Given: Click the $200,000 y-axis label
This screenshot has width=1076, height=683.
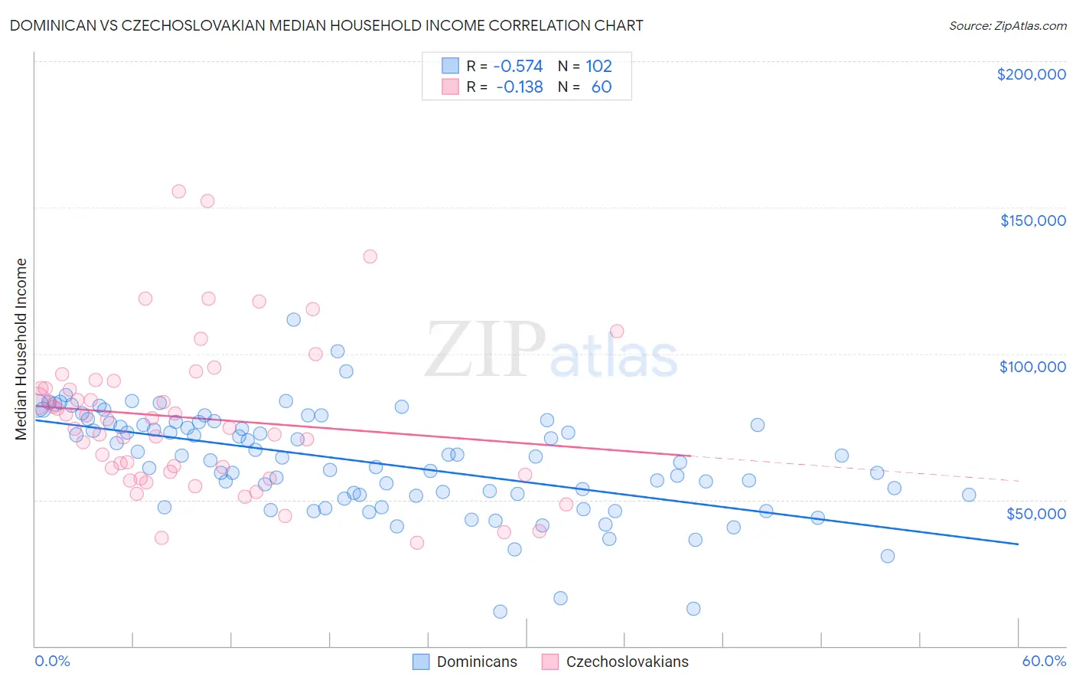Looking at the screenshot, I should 1031,74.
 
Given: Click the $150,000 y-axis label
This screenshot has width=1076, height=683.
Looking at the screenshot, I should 1032,221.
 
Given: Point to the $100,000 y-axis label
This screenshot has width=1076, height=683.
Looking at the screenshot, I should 1032,367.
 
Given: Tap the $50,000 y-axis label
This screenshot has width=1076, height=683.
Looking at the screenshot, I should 1035,513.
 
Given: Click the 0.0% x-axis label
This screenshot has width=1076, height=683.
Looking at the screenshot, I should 52,661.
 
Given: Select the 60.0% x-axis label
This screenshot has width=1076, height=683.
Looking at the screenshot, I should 1043,661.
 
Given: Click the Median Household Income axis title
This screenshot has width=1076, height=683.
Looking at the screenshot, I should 21,349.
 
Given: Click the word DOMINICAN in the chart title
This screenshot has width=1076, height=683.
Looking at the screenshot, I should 57,25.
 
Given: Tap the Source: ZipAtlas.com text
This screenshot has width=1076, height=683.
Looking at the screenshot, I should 1007,26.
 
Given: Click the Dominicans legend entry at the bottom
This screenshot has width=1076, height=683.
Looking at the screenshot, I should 465,662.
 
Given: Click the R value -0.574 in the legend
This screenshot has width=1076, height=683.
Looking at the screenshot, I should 518,66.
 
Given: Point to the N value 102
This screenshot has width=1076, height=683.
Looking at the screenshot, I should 598,66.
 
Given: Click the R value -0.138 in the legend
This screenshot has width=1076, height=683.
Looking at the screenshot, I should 519,87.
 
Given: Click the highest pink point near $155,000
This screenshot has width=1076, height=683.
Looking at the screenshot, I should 179,191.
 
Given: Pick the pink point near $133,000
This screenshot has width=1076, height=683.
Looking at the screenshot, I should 370,257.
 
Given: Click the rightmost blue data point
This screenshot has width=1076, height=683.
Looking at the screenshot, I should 969,495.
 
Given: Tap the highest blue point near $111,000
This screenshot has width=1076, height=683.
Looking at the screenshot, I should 293,319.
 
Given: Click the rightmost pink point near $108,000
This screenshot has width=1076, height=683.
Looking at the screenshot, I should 617,331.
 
